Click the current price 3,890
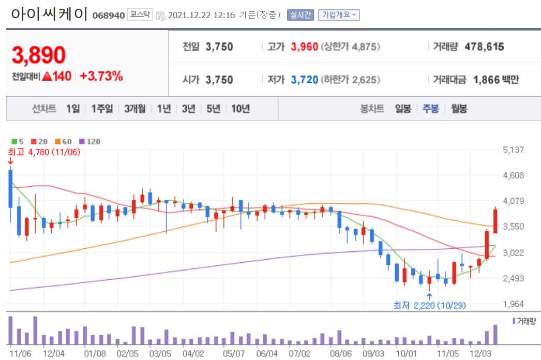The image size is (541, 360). (x=39, y=55)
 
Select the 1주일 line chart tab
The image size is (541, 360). (x=102, y=109)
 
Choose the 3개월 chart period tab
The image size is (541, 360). (x=134, y=109)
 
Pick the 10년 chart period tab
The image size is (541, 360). (x=241, y=109)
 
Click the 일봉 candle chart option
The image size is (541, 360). (x=403, y=109)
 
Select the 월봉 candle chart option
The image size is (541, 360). (x=459, y=109)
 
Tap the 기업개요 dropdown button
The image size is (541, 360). (x=339, y=15)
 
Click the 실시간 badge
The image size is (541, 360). (x=300, y=15)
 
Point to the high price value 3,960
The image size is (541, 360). (x=304, y=47)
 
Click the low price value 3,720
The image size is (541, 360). (x=304, y=80)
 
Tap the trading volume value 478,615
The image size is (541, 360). (x=484, y=47)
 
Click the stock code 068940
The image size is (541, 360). (x=109, y=16)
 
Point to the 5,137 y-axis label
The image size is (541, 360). (x=513, y=150)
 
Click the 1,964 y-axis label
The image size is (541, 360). (x=513, y=304)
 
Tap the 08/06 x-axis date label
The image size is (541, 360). (x=341, y=353)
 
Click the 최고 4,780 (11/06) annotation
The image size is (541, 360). (x=43, y=152)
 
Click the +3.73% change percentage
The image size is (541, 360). (x=101, y=77)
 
